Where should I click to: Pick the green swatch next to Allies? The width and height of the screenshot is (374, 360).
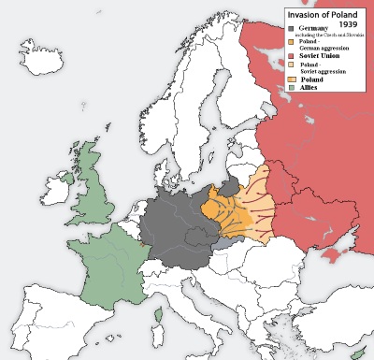coord(292,87)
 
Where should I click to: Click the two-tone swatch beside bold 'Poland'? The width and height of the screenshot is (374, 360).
coord(292,79)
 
